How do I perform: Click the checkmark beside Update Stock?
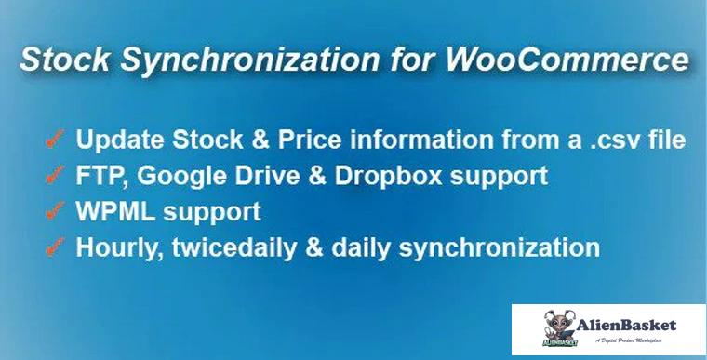tap(54, 140)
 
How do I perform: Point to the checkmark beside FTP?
tap(54, 176)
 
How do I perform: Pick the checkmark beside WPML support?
tap(54, 211)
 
